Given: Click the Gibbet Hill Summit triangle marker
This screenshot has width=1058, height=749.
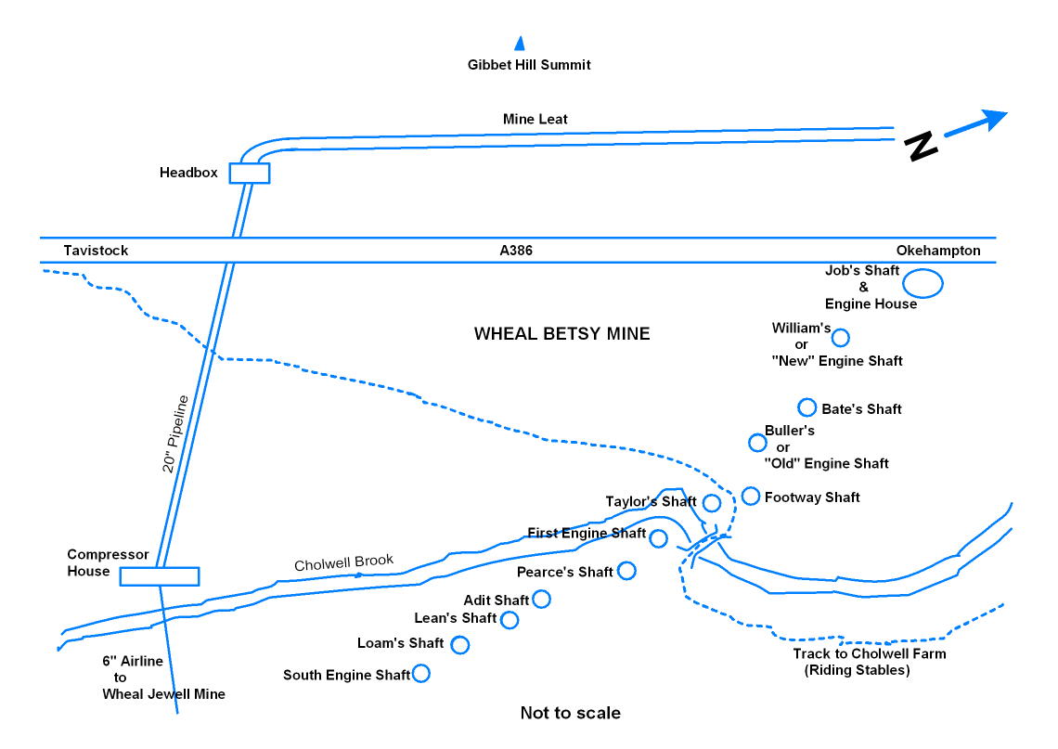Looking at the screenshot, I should click(x=520, y=43).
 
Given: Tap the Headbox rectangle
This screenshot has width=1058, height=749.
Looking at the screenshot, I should click(x=249, y=173).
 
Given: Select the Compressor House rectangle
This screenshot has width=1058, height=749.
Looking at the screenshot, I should click(x=160, y=576).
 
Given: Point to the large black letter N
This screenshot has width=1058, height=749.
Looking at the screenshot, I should click(x=921, y=147).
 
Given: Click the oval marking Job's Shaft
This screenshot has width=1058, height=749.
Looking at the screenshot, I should click(x=923, y=283).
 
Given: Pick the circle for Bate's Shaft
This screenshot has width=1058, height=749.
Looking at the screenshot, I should click(x=806, y=407).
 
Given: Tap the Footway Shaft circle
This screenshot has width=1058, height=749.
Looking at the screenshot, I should click(x=751, y=496).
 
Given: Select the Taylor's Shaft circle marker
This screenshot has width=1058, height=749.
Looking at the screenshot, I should click(x=712, y=503).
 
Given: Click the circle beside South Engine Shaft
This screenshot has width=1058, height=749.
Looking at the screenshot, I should click(x=420, y=674).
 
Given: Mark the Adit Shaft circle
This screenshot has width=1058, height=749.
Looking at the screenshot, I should click(x=541, y=600).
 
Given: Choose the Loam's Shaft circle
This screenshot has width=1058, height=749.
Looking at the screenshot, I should click(x=459, y=644).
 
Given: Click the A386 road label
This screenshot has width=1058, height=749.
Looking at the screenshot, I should click(x=515, y=251).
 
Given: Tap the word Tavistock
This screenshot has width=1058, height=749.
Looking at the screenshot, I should click(x=96, y=251).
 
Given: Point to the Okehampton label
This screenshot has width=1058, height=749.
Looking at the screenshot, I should click(x=937, y=251).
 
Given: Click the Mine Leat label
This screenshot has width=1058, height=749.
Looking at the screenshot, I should click(x=535, y=119).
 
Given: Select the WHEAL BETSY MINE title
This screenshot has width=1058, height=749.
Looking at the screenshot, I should click(x=561, y=334).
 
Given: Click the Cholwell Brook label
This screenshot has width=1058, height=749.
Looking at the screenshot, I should click(x=343, y=562).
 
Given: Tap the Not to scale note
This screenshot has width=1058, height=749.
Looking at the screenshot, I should click(x=570, y=714).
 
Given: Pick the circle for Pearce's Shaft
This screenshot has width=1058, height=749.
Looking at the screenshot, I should click(x=626, y=570).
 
